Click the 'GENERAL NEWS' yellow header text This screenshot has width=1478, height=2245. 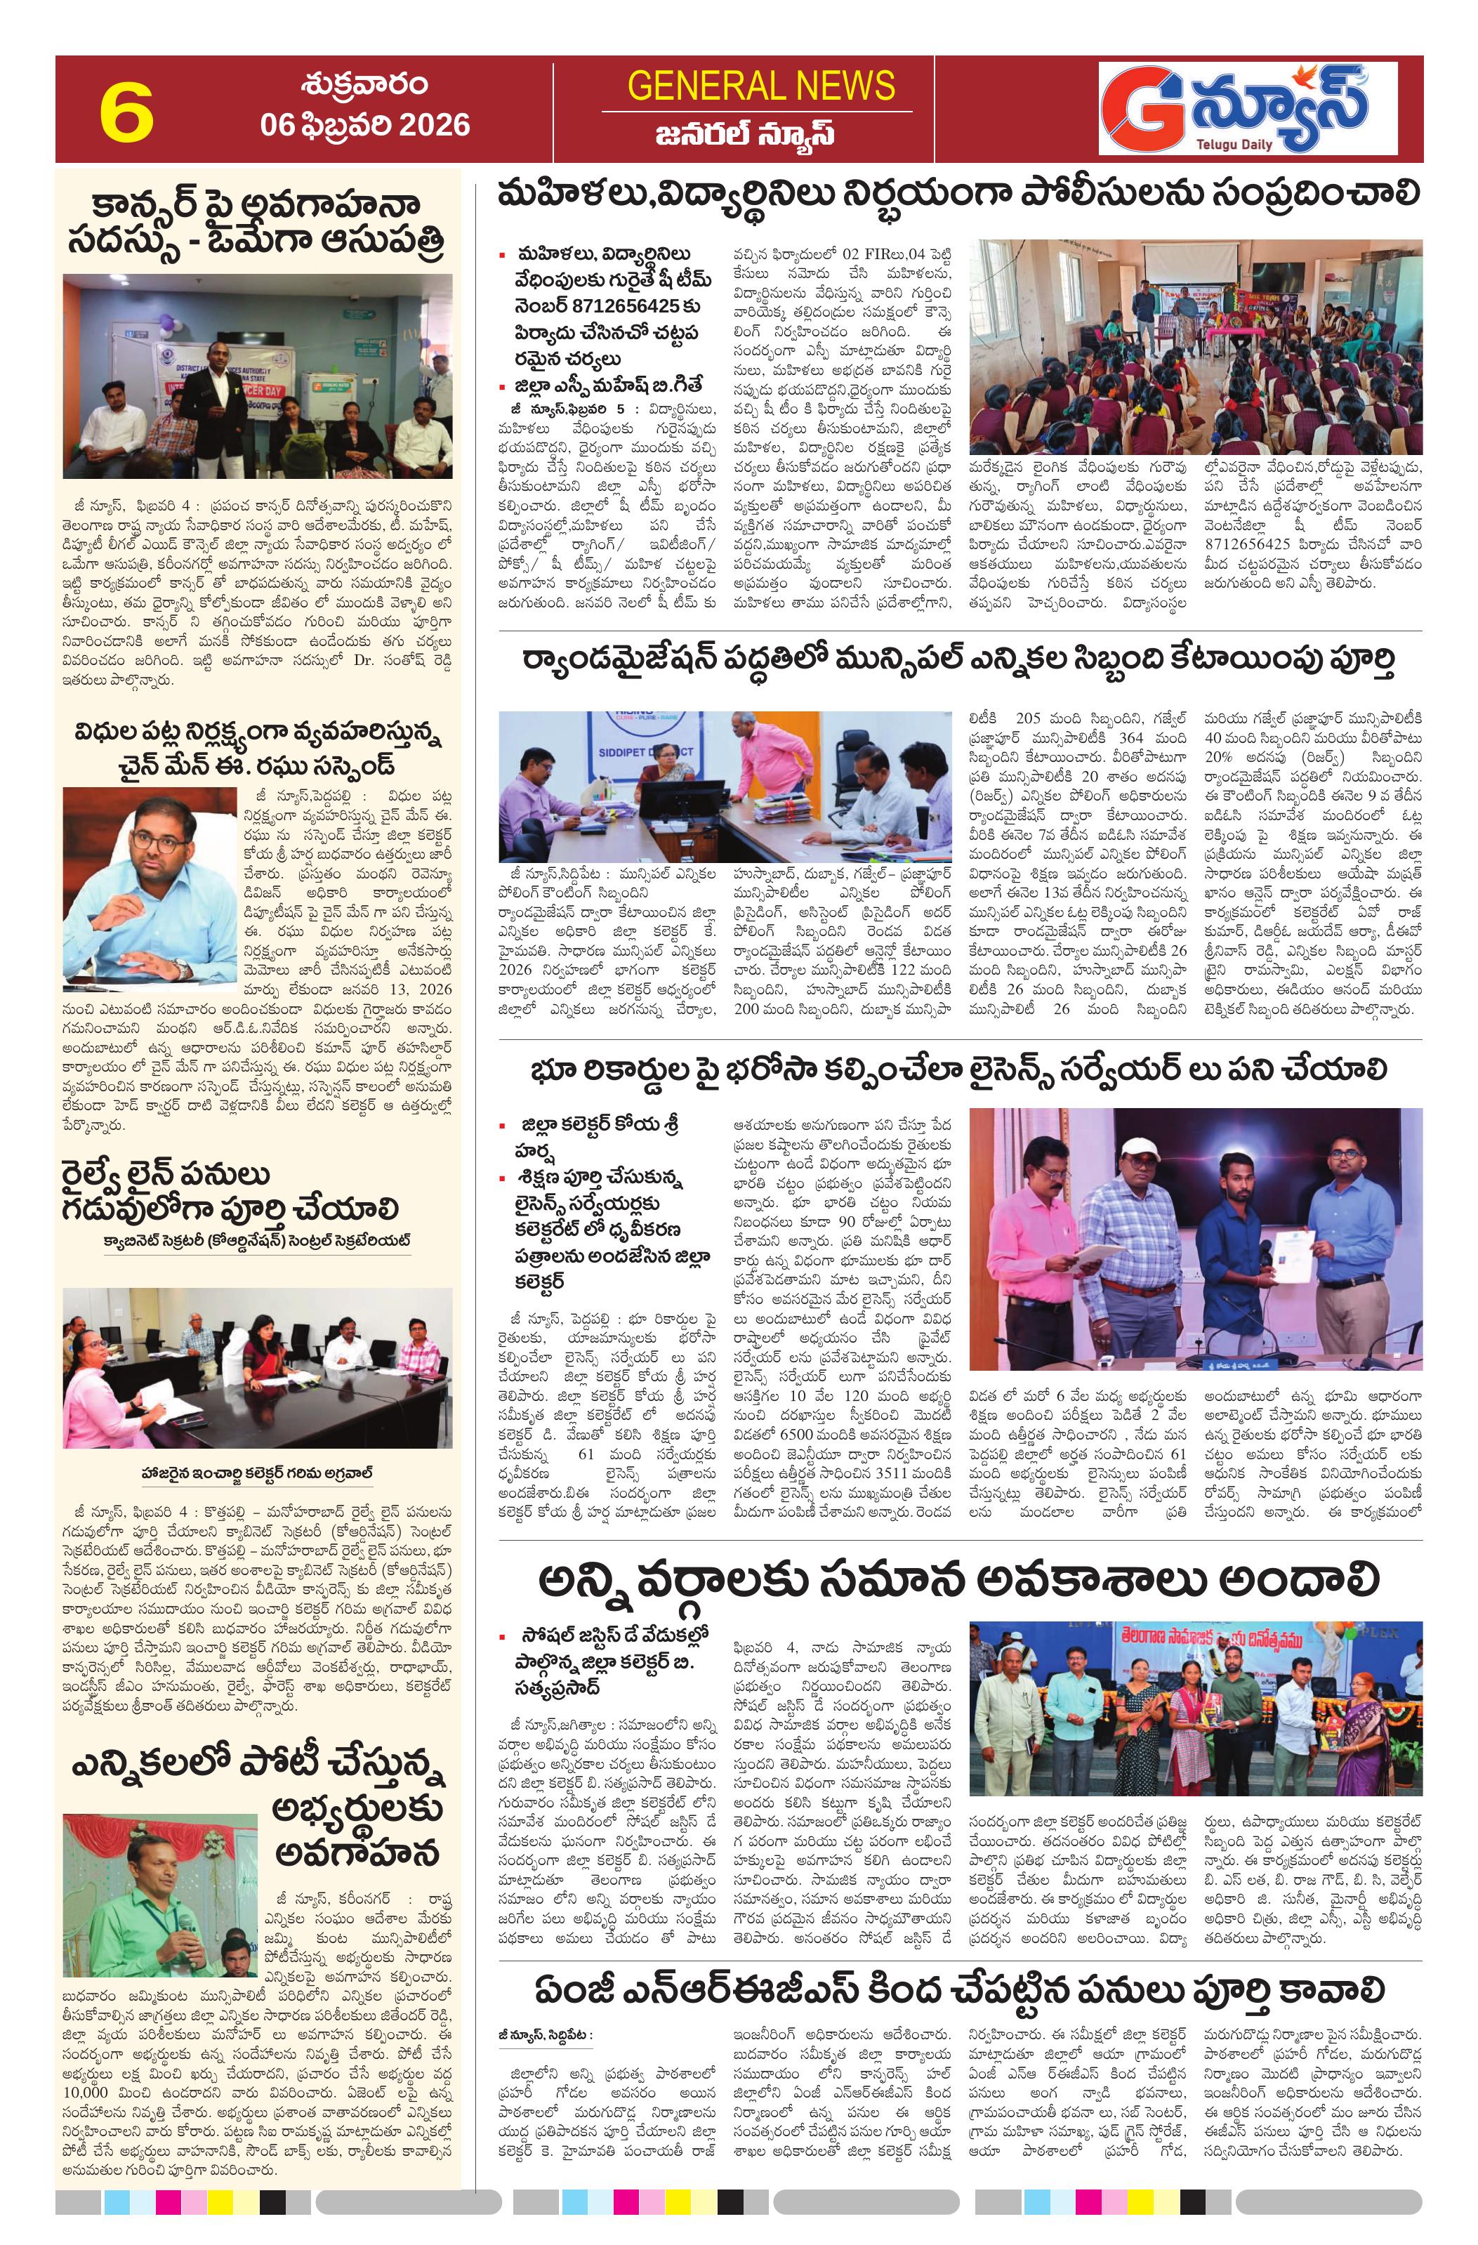[x=760, y=87]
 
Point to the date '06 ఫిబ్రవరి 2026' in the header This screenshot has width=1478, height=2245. [x=366, y=124]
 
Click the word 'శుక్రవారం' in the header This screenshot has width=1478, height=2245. [x=366, y=86]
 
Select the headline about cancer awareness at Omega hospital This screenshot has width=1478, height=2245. [x=256, y=223]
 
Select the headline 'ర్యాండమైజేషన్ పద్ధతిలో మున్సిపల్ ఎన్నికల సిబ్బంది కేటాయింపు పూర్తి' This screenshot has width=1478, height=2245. [x=958, y=660]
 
